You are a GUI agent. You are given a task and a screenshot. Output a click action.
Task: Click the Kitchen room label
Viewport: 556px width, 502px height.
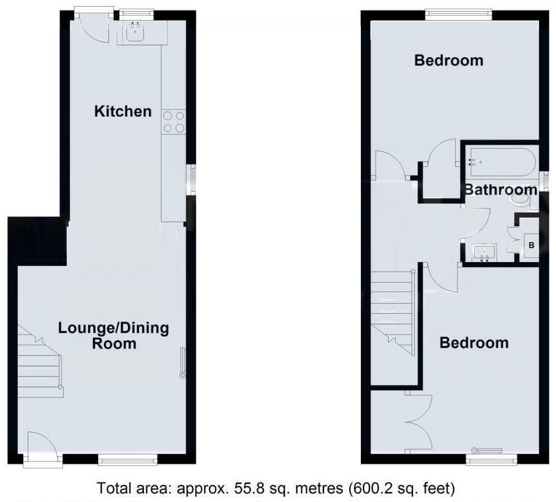pyautogui.click(x=123, y=111)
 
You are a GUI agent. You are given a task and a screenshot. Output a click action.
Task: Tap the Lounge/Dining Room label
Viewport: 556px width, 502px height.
pyautogui.click(x=113, y=335)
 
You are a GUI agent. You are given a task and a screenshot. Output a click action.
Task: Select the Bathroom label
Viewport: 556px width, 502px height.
pyautogui.click(x=500, y=189)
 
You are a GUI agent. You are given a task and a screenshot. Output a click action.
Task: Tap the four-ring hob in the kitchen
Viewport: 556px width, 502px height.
pyautogui.click(x=173, y=122)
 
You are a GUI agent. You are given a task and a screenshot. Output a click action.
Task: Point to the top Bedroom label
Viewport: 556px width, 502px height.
pyautogui.click(x=449, y=60)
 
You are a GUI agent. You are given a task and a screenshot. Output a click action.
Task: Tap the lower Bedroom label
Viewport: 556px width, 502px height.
pyautogui.click(x=474, y=343)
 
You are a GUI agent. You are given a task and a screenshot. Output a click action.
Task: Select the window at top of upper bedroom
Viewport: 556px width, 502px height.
pyautogui.click(x=459, y=14)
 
